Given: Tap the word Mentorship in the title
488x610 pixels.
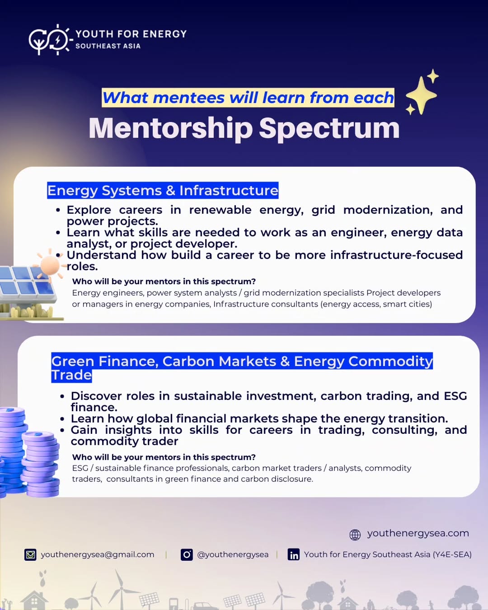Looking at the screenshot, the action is (171, 129).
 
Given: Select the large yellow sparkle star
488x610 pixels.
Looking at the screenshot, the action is (421, 95).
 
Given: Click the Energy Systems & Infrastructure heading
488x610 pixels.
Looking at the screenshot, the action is (163, 190).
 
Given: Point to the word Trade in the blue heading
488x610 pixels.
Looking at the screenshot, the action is (71, 375).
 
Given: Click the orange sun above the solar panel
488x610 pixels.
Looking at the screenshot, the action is (50, 265).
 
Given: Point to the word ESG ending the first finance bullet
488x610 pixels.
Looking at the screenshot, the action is (455, 396).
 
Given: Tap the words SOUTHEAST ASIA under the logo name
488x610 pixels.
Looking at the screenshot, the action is (108, 46).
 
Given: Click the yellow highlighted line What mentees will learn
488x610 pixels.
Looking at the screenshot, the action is (248, 98).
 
